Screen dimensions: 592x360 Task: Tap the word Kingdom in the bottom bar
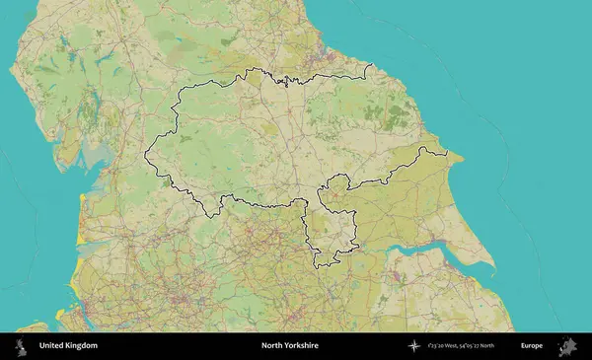[x=82, y=346]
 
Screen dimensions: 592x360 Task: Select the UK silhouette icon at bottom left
[x=19, y=346]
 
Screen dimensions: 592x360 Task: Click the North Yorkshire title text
[x=289, y=346]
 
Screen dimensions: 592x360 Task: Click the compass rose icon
[x=414, y=346]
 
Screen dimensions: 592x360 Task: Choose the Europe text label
[x=532, y=346]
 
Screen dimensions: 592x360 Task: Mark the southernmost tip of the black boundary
[x=318, y=266]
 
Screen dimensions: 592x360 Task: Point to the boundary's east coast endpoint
[x=446, y=155]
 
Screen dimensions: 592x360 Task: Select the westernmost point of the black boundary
[x=146, y=154]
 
